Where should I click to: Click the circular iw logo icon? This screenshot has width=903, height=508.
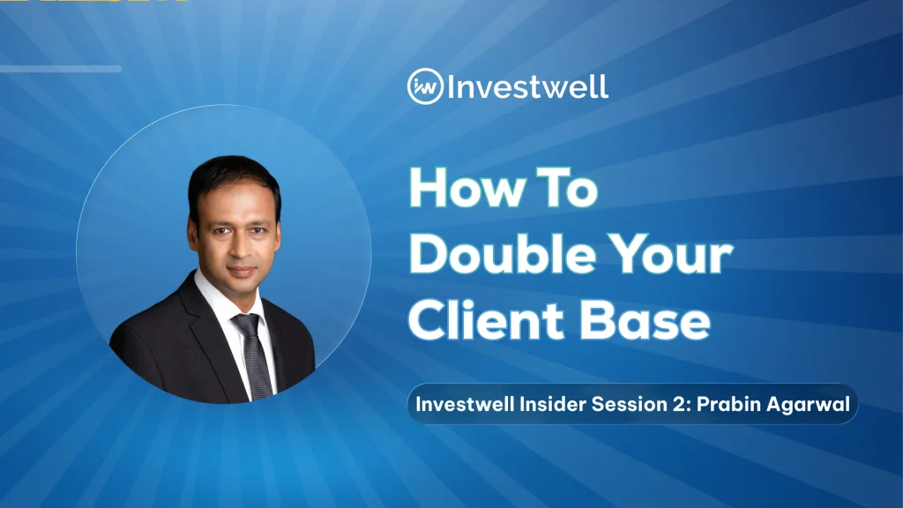pyautogui.click(x=425, y=86)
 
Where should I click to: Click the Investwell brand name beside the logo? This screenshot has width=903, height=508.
pyautogui.click(x=527, y=86)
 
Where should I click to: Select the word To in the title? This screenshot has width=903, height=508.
pyautogui.click(x=567, y=188)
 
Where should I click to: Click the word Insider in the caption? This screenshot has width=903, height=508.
pyautogui.click(x=552, y=404)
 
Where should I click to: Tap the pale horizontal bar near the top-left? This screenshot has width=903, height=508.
pyautogui.click(x=61, y=69)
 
